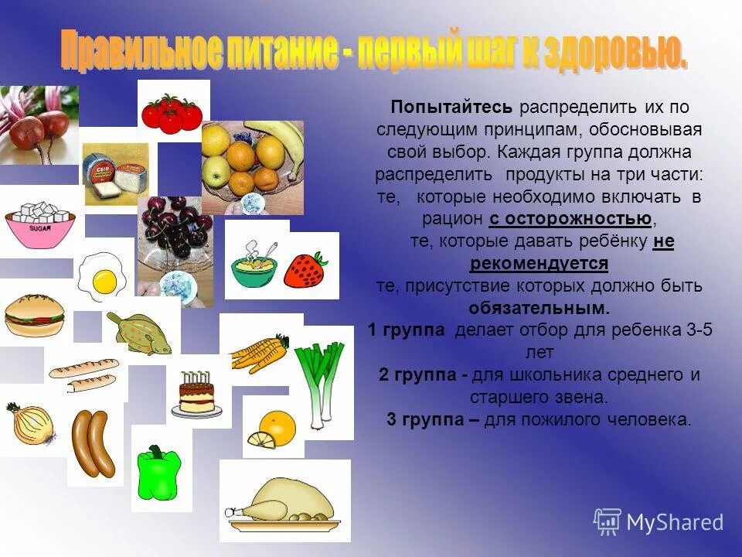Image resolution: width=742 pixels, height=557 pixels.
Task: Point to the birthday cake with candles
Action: (x=196, y=395)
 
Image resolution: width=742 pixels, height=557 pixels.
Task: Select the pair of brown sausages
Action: (x=93, y=443)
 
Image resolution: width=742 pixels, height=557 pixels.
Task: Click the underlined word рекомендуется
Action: (x=539, y=264)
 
